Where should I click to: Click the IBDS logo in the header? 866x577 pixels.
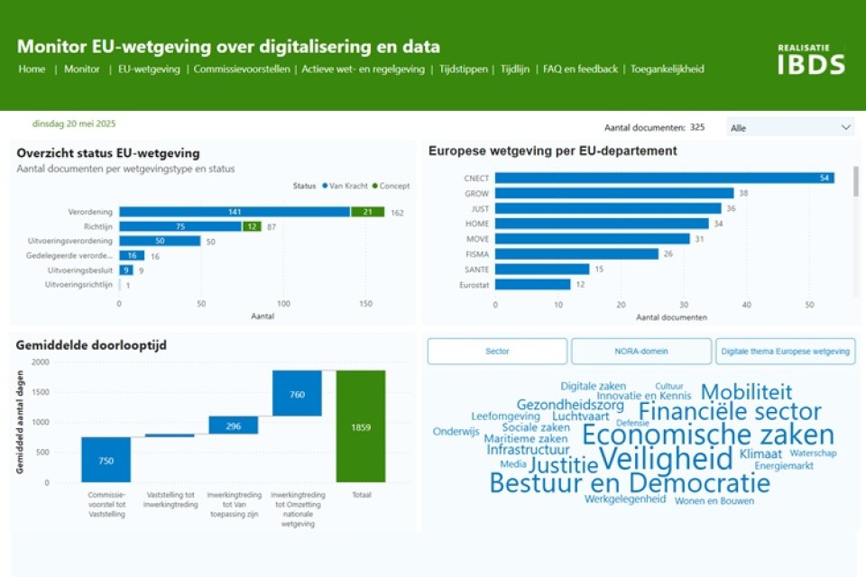click(811, 60)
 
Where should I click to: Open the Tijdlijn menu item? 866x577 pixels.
click(515, 69)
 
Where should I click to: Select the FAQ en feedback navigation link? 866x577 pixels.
click(580, 69)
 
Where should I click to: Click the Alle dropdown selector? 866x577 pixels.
click(790, 128)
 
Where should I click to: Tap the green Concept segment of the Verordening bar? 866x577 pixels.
click(367, 212)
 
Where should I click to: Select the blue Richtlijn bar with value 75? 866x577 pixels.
click(180, 226)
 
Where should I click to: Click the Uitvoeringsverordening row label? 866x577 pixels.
click(78, 241)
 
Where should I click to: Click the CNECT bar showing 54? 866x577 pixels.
click(664, 178)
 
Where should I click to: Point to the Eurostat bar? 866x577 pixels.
click(532, 285)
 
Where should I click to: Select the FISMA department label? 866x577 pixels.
click(476, 254)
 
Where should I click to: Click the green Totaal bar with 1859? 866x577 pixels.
click(361, 426)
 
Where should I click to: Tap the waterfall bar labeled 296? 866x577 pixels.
click(234, 426)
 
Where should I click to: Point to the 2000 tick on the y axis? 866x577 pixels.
click(41, 362)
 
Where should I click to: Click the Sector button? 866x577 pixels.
click(497, 352)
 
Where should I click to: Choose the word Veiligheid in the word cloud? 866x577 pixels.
click(666, 458)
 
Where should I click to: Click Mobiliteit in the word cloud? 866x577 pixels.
click(746, 392)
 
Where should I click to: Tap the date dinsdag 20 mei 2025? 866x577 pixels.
click(74, 124)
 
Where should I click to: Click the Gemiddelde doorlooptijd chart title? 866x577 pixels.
click(91, 344)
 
